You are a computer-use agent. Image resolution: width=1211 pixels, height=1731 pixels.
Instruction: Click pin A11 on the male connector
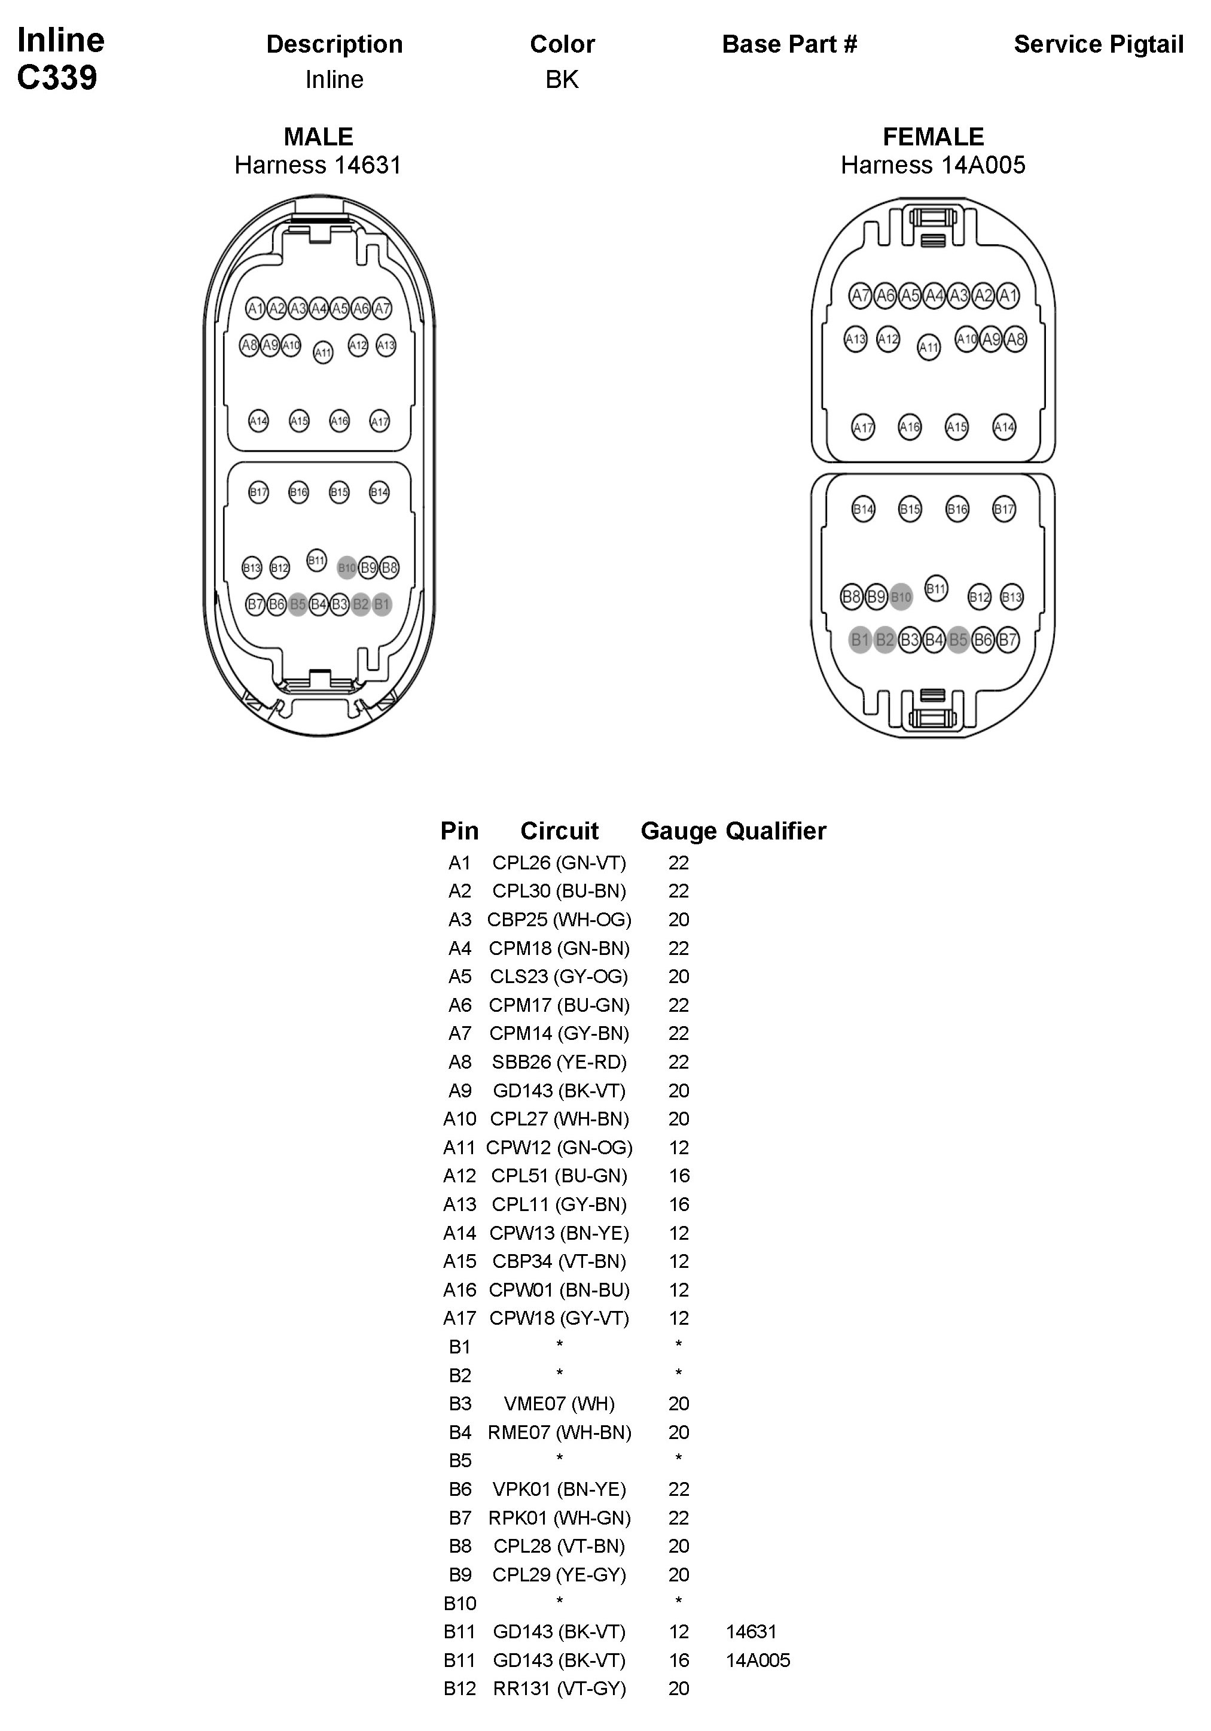(x=322, y=352)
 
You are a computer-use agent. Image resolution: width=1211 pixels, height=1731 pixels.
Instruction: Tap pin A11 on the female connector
(x=928, y=348)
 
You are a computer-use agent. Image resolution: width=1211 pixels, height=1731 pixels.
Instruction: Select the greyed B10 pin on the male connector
(x=347, y=568)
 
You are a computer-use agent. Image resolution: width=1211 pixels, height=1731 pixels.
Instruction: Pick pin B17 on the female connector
(x=1003, y=509)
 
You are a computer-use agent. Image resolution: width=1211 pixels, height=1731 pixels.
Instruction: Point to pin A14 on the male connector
(x=258, y=421)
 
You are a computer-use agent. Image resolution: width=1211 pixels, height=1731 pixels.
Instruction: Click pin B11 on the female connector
(x=936, y=588)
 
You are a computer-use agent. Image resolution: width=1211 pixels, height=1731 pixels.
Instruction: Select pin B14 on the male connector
(x=379, y=492)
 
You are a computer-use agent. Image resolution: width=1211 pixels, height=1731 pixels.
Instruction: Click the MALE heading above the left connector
(x=318, y=136)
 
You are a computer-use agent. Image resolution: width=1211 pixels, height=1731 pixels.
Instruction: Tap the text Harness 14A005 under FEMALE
(x=933, y=165)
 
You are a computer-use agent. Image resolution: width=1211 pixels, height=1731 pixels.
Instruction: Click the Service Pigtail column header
(x=1098, y=44)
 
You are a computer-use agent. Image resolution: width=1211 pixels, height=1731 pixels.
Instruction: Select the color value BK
(x=562, y=79)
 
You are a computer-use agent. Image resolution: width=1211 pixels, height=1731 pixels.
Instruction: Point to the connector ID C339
(x=57, y=78)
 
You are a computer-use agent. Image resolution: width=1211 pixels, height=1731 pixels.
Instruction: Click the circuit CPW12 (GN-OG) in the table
(x=559, y=1148)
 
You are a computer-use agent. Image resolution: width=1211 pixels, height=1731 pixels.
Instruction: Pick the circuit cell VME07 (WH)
(x=559, y=1404)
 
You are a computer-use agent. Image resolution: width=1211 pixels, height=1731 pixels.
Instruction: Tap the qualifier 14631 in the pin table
(x=751, y=1632)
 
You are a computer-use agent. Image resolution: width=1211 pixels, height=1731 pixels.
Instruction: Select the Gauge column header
(x=678, y=831)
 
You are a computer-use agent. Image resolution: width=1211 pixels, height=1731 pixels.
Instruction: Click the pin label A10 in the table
(x=460, y=1119)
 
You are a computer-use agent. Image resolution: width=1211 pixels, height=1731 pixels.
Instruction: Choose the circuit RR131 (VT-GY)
(x=559, y=1689)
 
